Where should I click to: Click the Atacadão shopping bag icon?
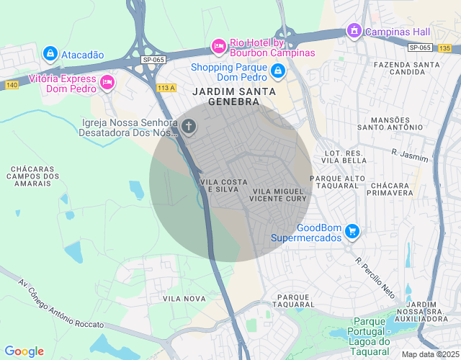(x=50, y=53)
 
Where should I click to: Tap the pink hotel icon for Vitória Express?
(x=107, y=82)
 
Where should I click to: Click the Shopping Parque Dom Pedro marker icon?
(x=278, y=72)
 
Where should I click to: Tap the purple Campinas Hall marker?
(x=354, y=31)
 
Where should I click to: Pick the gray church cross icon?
(x=189, y=127)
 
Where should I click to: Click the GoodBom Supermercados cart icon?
(x=352, y=231)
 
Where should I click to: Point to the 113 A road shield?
(x=166, y=88)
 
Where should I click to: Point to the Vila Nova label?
(x=179, y=298)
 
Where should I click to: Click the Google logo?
(x=24, y=351)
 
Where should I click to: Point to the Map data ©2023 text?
(x=429, y=354)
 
